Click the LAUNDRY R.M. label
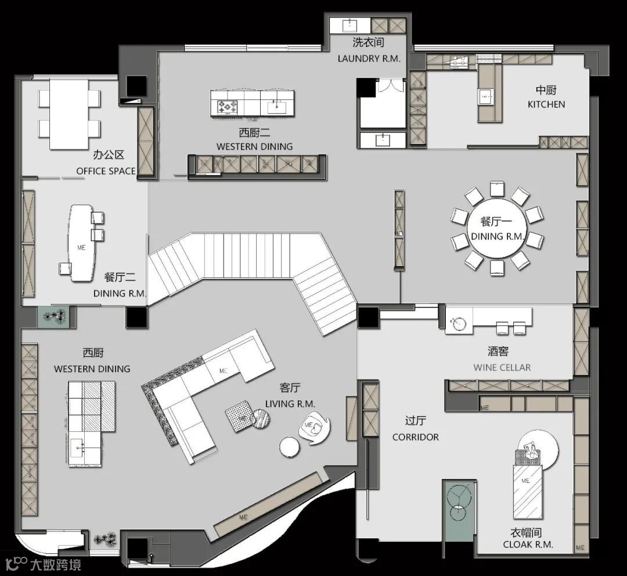coord(369,59)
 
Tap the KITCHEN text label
coord(546,105)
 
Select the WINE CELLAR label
coord(502,367)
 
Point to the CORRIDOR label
coord(416,437)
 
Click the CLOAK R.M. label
coord(528,545)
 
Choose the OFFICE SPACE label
coord(106,171)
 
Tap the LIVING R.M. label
coord(290,404)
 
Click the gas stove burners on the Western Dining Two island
coord(227,107)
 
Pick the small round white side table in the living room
coord(290,447)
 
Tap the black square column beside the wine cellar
coord(368,317)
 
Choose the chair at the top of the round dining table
coord(497,189)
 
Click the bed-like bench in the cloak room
coord(527,492)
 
